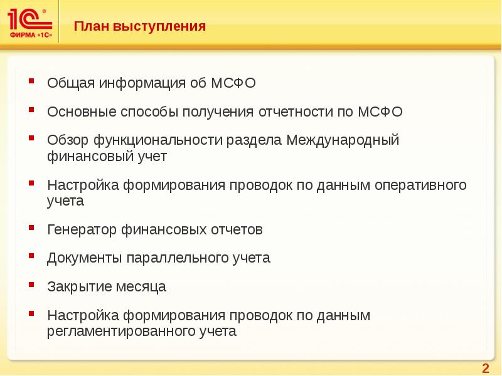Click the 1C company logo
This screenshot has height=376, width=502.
coord(30,23)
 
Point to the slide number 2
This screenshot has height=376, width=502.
coord(484,367)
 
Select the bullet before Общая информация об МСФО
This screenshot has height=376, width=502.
coord(32,81)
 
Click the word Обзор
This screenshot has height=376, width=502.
coord(68,140)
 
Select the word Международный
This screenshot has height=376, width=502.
coord(343,140)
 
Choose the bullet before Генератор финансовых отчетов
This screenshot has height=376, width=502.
coord(32,228)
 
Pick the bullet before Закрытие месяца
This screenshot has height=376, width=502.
coord(32,286)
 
